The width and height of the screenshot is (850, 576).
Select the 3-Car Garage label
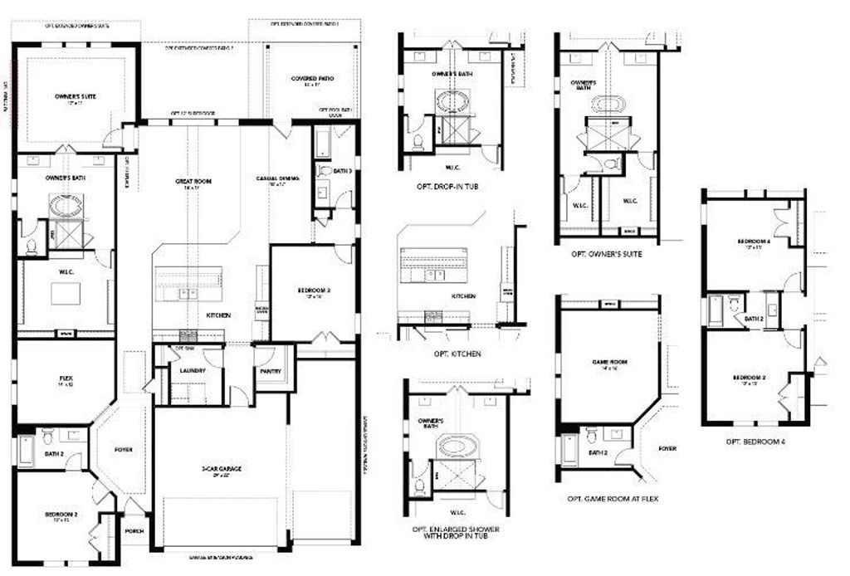[221, 469]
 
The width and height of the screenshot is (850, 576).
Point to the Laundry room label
[193, 370]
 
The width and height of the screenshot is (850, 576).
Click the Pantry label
[270, 372]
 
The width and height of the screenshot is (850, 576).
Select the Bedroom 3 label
[314, 290]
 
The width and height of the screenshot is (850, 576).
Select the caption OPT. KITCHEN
[457, 354]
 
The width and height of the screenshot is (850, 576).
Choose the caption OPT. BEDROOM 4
[755, 442]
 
